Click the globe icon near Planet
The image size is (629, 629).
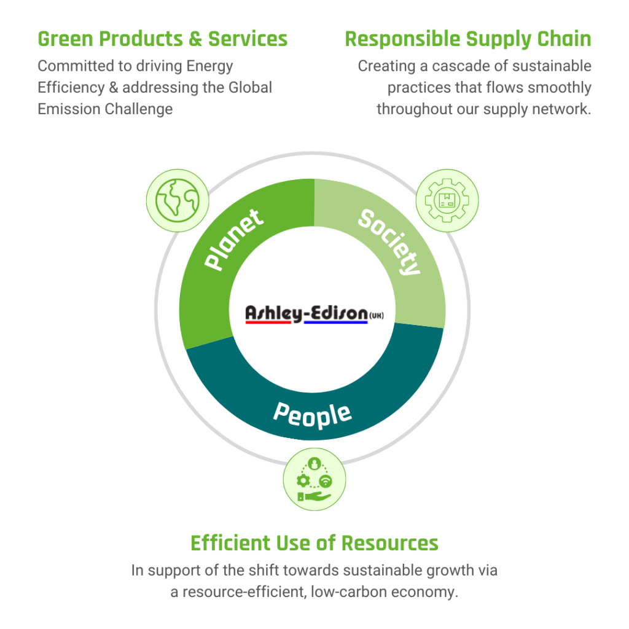click(178, 200)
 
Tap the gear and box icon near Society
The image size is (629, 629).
click(447, 200)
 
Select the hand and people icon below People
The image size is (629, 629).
click(314, 479)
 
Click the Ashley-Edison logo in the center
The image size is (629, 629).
click(314, 314)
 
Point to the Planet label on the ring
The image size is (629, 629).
click(234, 240)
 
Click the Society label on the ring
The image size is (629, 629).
click(389, 242)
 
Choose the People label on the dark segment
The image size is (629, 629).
click(313, 416)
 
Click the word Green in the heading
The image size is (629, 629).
click(65, 39)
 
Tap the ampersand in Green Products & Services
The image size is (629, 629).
click(195, 39)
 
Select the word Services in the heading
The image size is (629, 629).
click(248, 39)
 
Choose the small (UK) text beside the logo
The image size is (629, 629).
click(377, 315)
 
